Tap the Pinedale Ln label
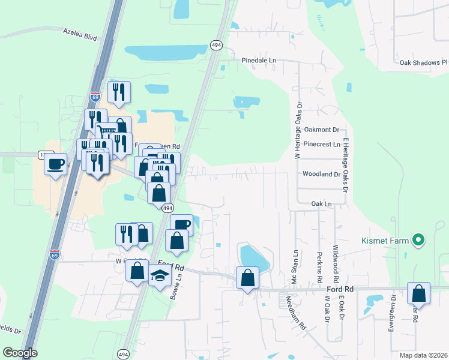point(259,61)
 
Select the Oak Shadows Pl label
point(424,62)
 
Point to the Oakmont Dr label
point(322,129)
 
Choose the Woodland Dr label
point(322,174)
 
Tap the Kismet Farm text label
point(385,241)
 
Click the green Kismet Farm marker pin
point(419,241)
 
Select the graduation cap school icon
point(160,275)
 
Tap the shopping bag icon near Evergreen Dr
point(418,293)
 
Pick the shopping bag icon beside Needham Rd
point(247,278)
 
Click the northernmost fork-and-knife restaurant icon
point(119,92)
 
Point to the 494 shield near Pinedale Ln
point(215,45)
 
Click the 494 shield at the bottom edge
point(122,353)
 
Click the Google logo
point(20,353)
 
